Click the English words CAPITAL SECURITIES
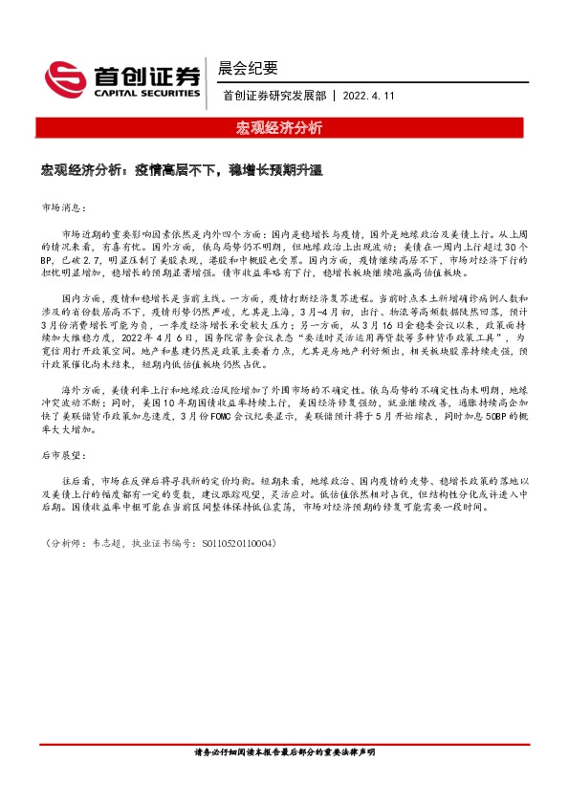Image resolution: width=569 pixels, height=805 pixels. [x=144, y=94]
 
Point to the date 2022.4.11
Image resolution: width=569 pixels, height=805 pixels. [x=369, y=95]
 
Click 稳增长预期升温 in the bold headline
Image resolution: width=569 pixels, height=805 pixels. [x=276, y=171]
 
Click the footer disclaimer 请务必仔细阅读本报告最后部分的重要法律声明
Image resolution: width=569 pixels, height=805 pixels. [x=284, y=752]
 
